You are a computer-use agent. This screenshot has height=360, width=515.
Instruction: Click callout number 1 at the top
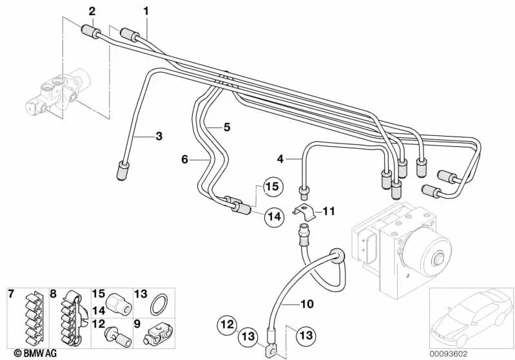coord(146,10)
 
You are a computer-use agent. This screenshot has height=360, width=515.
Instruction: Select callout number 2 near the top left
coord(92,10)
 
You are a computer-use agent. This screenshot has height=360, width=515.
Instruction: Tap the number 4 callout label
coord(280,158)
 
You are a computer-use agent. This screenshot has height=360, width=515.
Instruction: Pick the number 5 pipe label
coord(226,128)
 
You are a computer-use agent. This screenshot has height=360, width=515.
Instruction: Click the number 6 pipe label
coord(184,158)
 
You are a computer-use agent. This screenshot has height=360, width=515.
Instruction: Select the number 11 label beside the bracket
coord(329,211)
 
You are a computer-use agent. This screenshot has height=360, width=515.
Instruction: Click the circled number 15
coord(273,187)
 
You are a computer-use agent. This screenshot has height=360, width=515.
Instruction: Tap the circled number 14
coord(274,217)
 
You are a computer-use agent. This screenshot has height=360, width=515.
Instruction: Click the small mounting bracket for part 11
coord(304,210)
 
